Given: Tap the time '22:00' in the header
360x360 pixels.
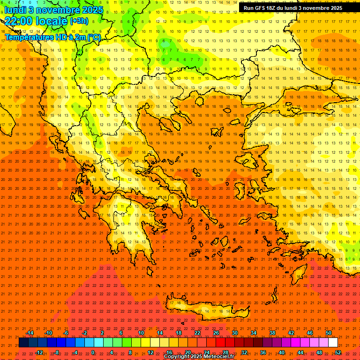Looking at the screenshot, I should (20, 21).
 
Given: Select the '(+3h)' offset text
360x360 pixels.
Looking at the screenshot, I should (78, 21).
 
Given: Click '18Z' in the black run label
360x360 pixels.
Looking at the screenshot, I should (271, 8).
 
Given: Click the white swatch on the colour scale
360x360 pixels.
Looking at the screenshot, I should (333, 343).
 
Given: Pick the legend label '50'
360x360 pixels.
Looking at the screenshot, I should (329, 333).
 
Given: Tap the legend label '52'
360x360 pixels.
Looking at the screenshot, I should (338, 352).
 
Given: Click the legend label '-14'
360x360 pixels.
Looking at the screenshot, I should (30, 333).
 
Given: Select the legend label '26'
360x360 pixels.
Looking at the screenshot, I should (216, 333).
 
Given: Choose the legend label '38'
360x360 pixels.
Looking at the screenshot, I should (272, 333).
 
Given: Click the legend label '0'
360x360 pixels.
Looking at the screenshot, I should (93, 352).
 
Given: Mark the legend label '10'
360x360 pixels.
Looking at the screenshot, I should (141, 333).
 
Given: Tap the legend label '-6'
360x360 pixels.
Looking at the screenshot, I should (66, 333).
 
